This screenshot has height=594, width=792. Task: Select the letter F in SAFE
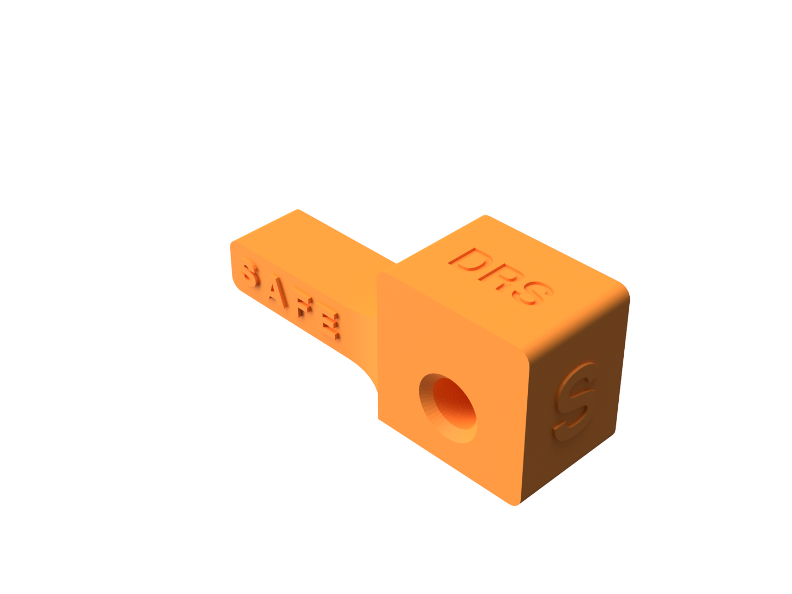pos(305,309)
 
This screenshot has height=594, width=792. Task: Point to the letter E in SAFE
pos(331,324)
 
